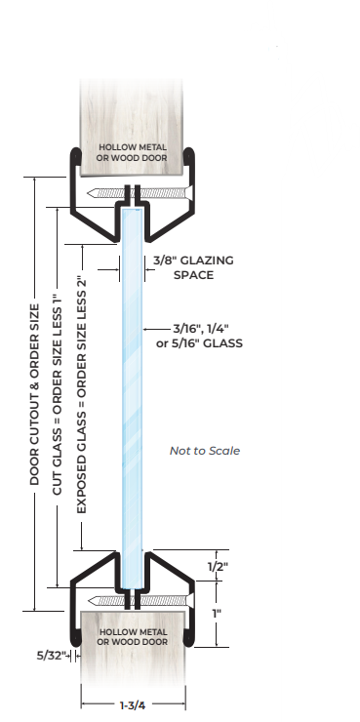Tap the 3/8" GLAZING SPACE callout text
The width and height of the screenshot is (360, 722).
192,267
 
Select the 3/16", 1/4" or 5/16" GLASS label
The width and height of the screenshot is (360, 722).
192,336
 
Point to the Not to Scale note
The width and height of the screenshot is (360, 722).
204,451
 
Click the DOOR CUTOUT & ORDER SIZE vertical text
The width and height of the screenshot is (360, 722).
36,394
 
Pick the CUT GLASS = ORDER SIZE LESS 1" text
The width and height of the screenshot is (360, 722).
58,394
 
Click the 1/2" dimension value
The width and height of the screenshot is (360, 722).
218,566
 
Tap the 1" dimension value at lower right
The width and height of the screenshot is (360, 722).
218,613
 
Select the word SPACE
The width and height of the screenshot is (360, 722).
193,275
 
